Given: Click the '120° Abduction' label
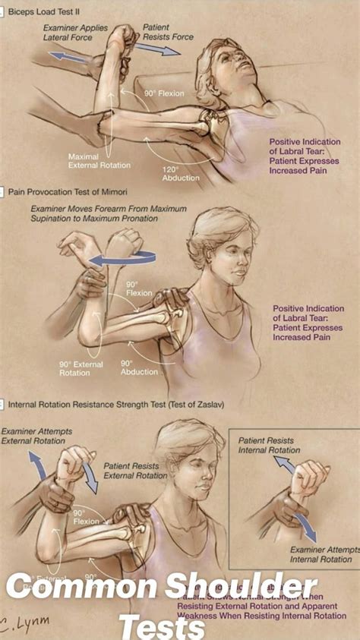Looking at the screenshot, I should pyautogui.click(x=180, y=173).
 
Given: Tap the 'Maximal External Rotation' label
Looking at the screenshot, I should pyautogui.click(x=99, y=161).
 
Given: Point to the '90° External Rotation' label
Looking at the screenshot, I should pyautogui.click(x=81, y=368).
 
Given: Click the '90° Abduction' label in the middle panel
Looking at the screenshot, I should pyautogui.click(x=139, y=367).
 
